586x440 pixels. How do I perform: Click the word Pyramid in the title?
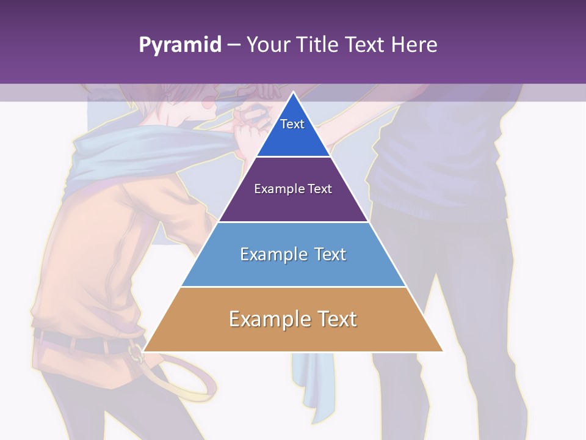coord(179,45)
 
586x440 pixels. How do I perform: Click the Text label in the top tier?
coord(292,124)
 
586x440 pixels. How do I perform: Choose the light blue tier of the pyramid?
coord(293,269)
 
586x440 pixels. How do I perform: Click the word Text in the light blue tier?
coord(330,254)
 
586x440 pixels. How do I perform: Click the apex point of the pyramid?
coord(293,93)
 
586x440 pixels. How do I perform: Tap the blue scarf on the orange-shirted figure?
coord(104,159)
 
